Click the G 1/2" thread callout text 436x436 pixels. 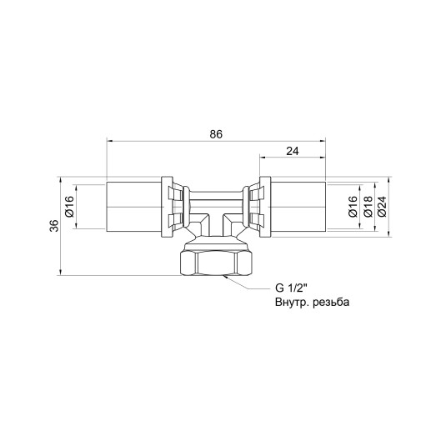(292, 289)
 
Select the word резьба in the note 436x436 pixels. (327, 303)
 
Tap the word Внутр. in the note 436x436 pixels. (289, 303)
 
